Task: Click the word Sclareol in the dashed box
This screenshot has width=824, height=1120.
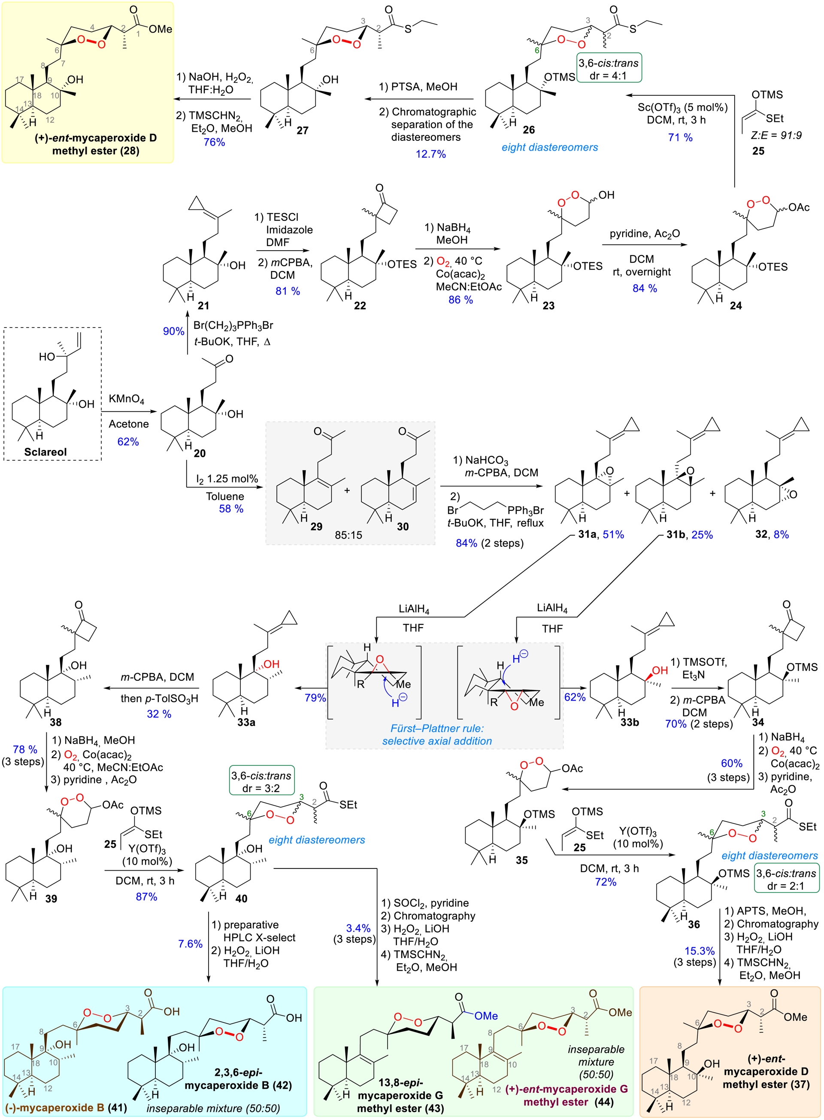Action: pyautogui.click(x=45, y=452)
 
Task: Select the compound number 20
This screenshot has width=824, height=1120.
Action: pyautogui.click(x=200, y=453)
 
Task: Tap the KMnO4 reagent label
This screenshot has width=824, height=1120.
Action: pyautogui.click(x=127, y=400)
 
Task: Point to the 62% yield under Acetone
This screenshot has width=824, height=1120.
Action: pyautogui.click(x=128, y=441)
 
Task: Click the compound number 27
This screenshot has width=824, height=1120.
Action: pyautogui.click(x=302, y=130)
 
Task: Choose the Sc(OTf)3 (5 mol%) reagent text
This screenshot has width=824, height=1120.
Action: pyautogui.click(x=682, y=107)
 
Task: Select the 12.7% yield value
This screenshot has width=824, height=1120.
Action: pyautogui.click(x=430, y=154)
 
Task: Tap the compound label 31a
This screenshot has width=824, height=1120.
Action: pyautogui.click(x=587, y=534)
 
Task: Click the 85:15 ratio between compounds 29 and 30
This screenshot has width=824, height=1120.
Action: pyautogui.click(x=348, y=535)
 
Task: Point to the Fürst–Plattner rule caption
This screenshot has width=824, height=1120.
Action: pyautogui.click(x=437, y=728)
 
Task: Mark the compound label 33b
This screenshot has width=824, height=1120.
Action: pyautogui.click(x=629, y=722)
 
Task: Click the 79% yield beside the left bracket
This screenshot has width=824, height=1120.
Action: pyautogui.click(x=315, y=698)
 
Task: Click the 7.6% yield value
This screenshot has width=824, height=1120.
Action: pyautogui.click(x=190, y=944)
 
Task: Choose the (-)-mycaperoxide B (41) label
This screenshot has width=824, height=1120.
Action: pyautogui.click(x=66, y=1108)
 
